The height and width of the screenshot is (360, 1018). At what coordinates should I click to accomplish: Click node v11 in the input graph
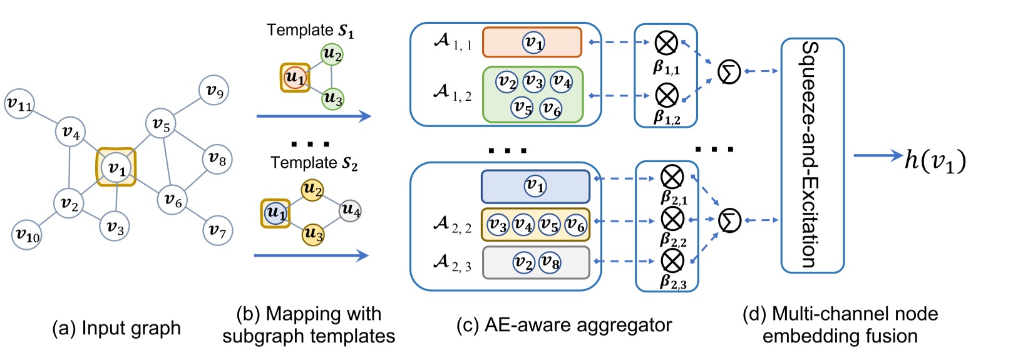click(19, 105)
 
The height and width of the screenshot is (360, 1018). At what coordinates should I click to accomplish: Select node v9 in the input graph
click(214, 91)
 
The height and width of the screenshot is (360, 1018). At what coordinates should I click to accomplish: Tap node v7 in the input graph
click(217, 230)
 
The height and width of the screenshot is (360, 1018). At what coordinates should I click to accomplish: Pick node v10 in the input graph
click(28, 235)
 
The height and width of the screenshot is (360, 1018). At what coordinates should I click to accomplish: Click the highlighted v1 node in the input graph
click(116, 168)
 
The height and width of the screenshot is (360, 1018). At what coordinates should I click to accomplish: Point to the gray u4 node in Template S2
click(351, 210)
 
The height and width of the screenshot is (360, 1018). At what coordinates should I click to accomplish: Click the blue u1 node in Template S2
click(275, 213)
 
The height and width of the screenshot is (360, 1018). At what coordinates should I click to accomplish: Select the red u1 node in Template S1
click(294, 78)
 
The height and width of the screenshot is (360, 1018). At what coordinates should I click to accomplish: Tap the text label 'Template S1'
click(310, 30)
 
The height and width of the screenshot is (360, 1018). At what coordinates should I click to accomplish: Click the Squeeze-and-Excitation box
click(812, 155)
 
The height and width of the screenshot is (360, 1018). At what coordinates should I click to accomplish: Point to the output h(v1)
click(935, 161)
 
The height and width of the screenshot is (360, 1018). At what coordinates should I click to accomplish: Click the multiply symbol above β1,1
click(666, 43)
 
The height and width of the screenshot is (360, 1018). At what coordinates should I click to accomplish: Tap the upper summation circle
click(729, 71)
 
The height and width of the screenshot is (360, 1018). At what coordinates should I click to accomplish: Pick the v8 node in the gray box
click(550, 262)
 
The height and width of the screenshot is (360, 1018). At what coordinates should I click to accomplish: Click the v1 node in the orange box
click(533, 42)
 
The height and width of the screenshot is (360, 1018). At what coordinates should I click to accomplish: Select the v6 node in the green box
click(551, 108)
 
